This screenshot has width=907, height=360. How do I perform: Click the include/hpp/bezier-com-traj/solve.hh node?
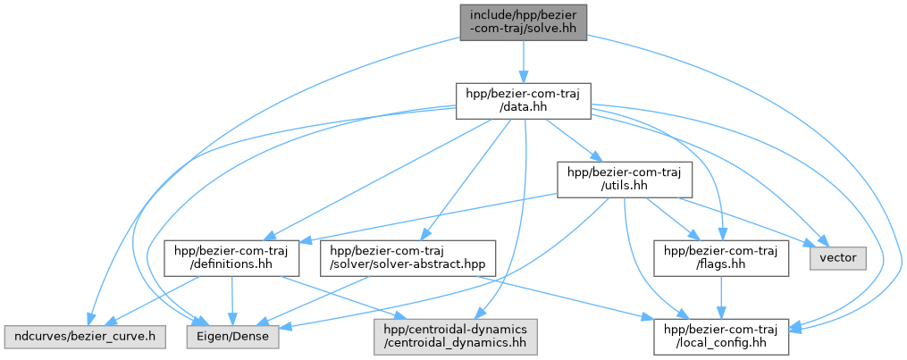(523, 22)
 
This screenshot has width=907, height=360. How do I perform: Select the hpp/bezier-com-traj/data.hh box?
(523, 101)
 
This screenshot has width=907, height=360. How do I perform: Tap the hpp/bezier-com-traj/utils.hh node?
(625, 180)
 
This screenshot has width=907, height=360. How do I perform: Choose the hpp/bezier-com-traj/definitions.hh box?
(231, 258)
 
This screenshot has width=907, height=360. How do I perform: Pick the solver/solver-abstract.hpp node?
(407, 258)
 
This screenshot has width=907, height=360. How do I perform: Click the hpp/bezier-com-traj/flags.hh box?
(721, 258)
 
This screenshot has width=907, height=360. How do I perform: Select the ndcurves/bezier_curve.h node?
(83, 336)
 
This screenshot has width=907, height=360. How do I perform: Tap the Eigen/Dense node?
(232, 336)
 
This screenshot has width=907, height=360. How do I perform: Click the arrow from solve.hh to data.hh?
(523, 62)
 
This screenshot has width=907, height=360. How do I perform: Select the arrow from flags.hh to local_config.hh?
(721, 297)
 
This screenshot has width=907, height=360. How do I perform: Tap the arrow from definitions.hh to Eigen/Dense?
(232, 300)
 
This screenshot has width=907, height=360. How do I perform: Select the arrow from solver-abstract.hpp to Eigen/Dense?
(310, 301)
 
